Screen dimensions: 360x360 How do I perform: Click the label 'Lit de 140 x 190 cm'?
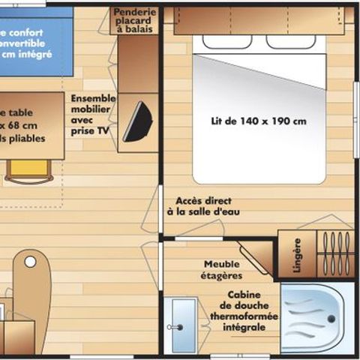coord(259,120)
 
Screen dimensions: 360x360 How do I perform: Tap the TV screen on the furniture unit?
coord(136,120)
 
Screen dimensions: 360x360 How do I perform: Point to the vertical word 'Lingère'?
coord(297,255)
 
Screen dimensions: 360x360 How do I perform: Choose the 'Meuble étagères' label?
coord(222,270)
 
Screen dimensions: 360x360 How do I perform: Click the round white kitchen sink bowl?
coord(30,262)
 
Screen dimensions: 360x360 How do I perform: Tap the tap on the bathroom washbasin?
coord(172,327)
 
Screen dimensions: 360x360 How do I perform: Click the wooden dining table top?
coord(30,126)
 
